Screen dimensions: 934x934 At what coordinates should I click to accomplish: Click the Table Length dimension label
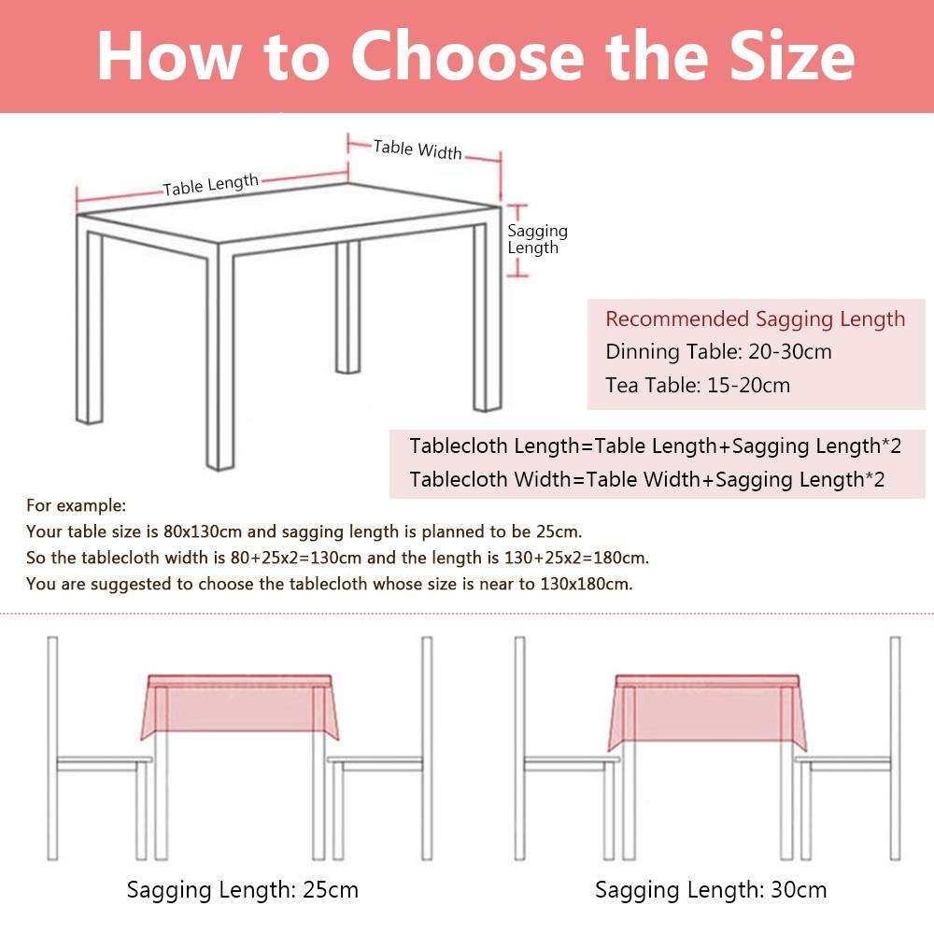coord(211,185)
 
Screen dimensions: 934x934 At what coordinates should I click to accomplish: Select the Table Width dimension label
coord(417,149)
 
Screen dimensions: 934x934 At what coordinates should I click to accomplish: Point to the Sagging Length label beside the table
coord(537,239)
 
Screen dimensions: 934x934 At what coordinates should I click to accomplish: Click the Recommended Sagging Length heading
coord(756,318)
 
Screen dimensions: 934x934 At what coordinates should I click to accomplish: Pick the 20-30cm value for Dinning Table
coord(790,351)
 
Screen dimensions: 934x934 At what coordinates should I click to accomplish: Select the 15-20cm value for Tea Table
coord(748,386)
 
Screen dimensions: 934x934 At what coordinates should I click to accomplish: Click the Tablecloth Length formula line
coord(656,446)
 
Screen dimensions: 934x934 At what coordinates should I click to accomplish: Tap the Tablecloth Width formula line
coord(647,479)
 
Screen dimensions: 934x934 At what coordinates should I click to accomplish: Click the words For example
coord(76,505)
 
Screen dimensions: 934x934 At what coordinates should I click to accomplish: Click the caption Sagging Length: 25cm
coord(243,890)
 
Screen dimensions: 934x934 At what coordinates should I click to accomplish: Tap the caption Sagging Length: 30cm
coord(711,890)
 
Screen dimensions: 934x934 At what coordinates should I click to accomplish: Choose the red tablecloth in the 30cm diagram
coord(707,711)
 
